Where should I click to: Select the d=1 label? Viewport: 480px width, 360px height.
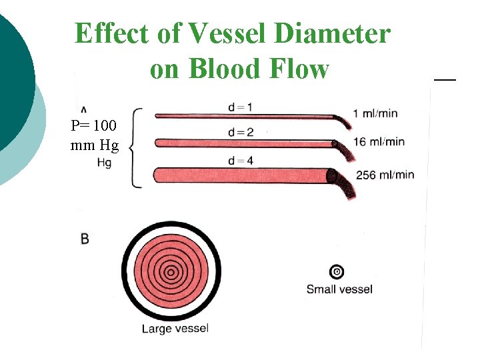click(x=240, y=107)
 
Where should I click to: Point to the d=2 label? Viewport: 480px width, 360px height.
click(x=240, y=132)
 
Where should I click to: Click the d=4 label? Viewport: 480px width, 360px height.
click(x=240, y=160)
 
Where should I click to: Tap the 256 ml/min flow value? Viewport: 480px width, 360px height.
click(x=385, y=175)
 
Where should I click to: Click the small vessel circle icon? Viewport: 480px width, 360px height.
click(x=337, y=271)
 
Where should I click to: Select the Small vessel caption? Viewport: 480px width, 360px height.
click(x=339, y=289)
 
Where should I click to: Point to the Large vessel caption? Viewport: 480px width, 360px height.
click(x=175, y=328)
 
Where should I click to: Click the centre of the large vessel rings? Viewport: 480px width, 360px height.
click(x=171, y=271)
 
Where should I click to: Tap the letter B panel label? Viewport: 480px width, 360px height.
click(x=85, y=238)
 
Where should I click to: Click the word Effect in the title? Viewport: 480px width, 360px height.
click(x=113, y=34)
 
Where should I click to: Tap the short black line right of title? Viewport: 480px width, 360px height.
click(x=445, y=79)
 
